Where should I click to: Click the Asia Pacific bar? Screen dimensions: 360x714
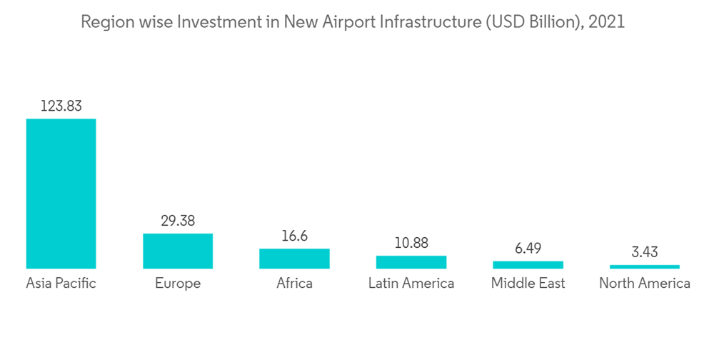click(61, 193)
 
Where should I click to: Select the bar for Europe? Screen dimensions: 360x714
click(178, 251)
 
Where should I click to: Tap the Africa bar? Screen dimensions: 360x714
click(294, 259)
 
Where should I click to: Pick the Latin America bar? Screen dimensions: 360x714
click(411, 262)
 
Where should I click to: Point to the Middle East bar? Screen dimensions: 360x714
click(528, 265)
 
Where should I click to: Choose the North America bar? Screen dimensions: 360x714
click(645, 266)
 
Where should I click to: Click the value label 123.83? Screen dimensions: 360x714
click(61, 106)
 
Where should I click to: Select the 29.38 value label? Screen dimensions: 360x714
click(178, 221)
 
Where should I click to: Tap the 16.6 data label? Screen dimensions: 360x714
click(294, 236)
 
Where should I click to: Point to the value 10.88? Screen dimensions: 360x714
click(411, 243)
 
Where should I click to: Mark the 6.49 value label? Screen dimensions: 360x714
click(528, 248)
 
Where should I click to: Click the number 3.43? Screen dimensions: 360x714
click(645, 252)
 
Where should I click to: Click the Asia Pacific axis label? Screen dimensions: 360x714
click(61, 284)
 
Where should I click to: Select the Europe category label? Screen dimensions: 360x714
click(178, 284)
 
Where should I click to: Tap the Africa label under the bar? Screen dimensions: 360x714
click(294, 284)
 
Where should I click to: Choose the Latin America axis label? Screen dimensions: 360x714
click(411, 284)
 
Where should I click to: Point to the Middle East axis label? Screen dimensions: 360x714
click(528, 284)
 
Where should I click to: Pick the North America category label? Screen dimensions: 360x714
click(645, 284)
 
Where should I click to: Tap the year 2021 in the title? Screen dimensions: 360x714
click(607, 22)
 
